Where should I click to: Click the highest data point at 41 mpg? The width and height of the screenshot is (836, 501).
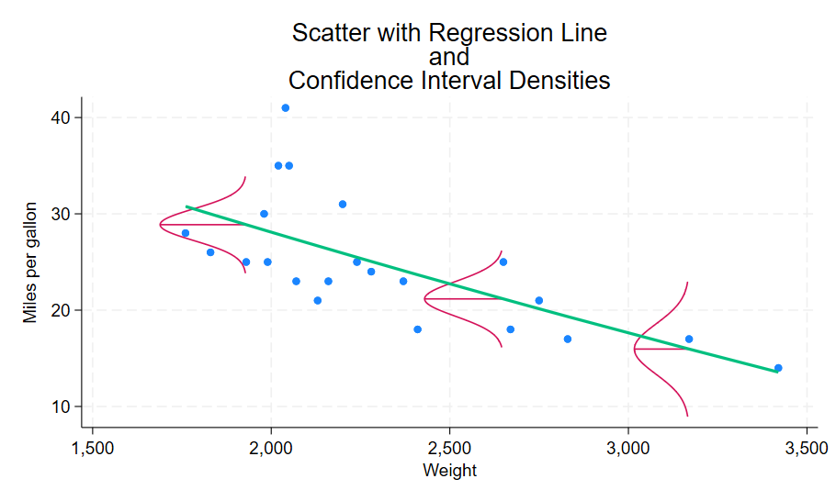[285, 108]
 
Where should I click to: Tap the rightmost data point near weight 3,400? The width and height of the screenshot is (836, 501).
[778, 368]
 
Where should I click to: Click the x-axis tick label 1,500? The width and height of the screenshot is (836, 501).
[93, 451]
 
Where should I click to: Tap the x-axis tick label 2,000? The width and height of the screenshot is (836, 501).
[271, 451]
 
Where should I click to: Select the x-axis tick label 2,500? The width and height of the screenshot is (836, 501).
[449, 451]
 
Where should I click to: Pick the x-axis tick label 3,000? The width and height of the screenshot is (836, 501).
[628, 451]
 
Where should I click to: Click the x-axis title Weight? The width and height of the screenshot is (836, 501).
[449, 472]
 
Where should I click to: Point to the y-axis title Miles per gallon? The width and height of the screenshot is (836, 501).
[31, 262]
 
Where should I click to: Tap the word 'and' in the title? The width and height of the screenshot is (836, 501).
[449, 57]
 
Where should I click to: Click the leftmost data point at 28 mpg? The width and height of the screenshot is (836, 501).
[185, 233]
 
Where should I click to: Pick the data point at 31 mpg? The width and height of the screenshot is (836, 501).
[343, 205]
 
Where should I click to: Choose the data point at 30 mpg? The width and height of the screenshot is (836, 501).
[264, 214]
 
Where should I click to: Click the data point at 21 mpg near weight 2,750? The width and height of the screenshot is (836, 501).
[539, 301]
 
